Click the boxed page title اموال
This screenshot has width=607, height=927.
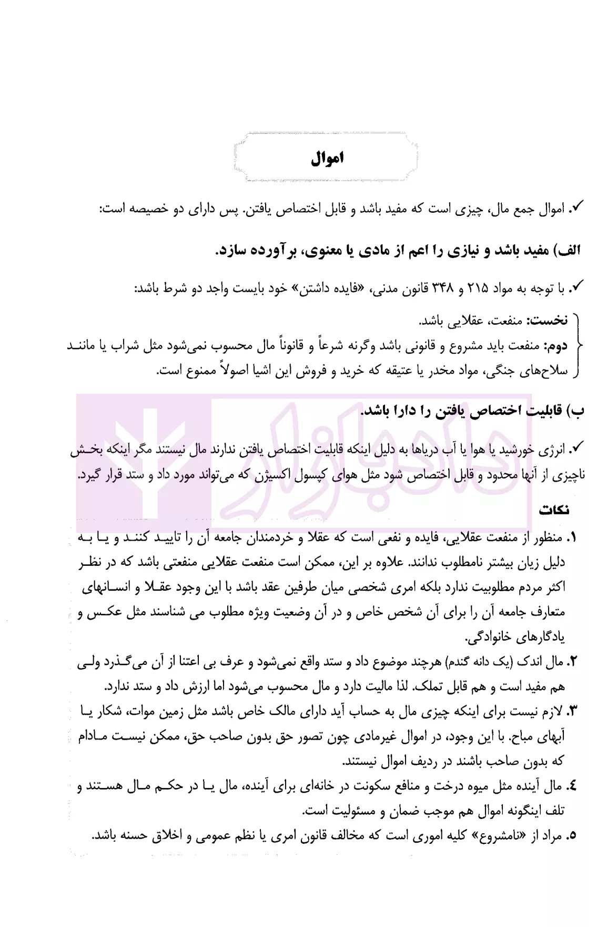[327, 158]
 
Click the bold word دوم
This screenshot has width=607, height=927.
[557, 346]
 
